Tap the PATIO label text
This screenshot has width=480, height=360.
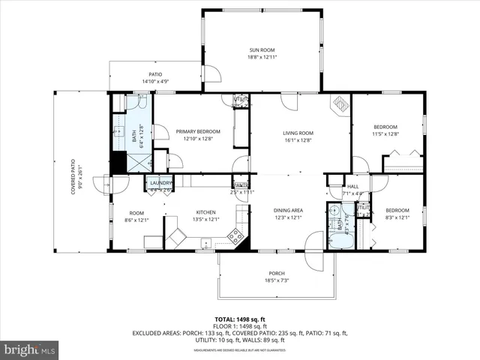pos(155,74)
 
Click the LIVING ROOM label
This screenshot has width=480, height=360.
pos(298,133)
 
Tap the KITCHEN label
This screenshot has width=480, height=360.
pos(205,211)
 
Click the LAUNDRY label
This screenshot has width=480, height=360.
pos(160,183)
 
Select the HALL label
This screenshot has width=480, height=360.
pos(352,187)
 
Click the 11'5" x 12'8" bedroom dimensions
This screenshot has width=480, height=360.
pos(385,134)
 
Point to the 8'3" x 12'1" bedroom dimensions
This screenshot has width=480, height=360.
pos(397,218)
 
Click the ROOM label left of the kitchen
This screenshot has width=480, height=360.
pos(136,211)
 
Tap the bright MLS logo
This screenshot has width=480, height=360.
pos(30,349)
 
